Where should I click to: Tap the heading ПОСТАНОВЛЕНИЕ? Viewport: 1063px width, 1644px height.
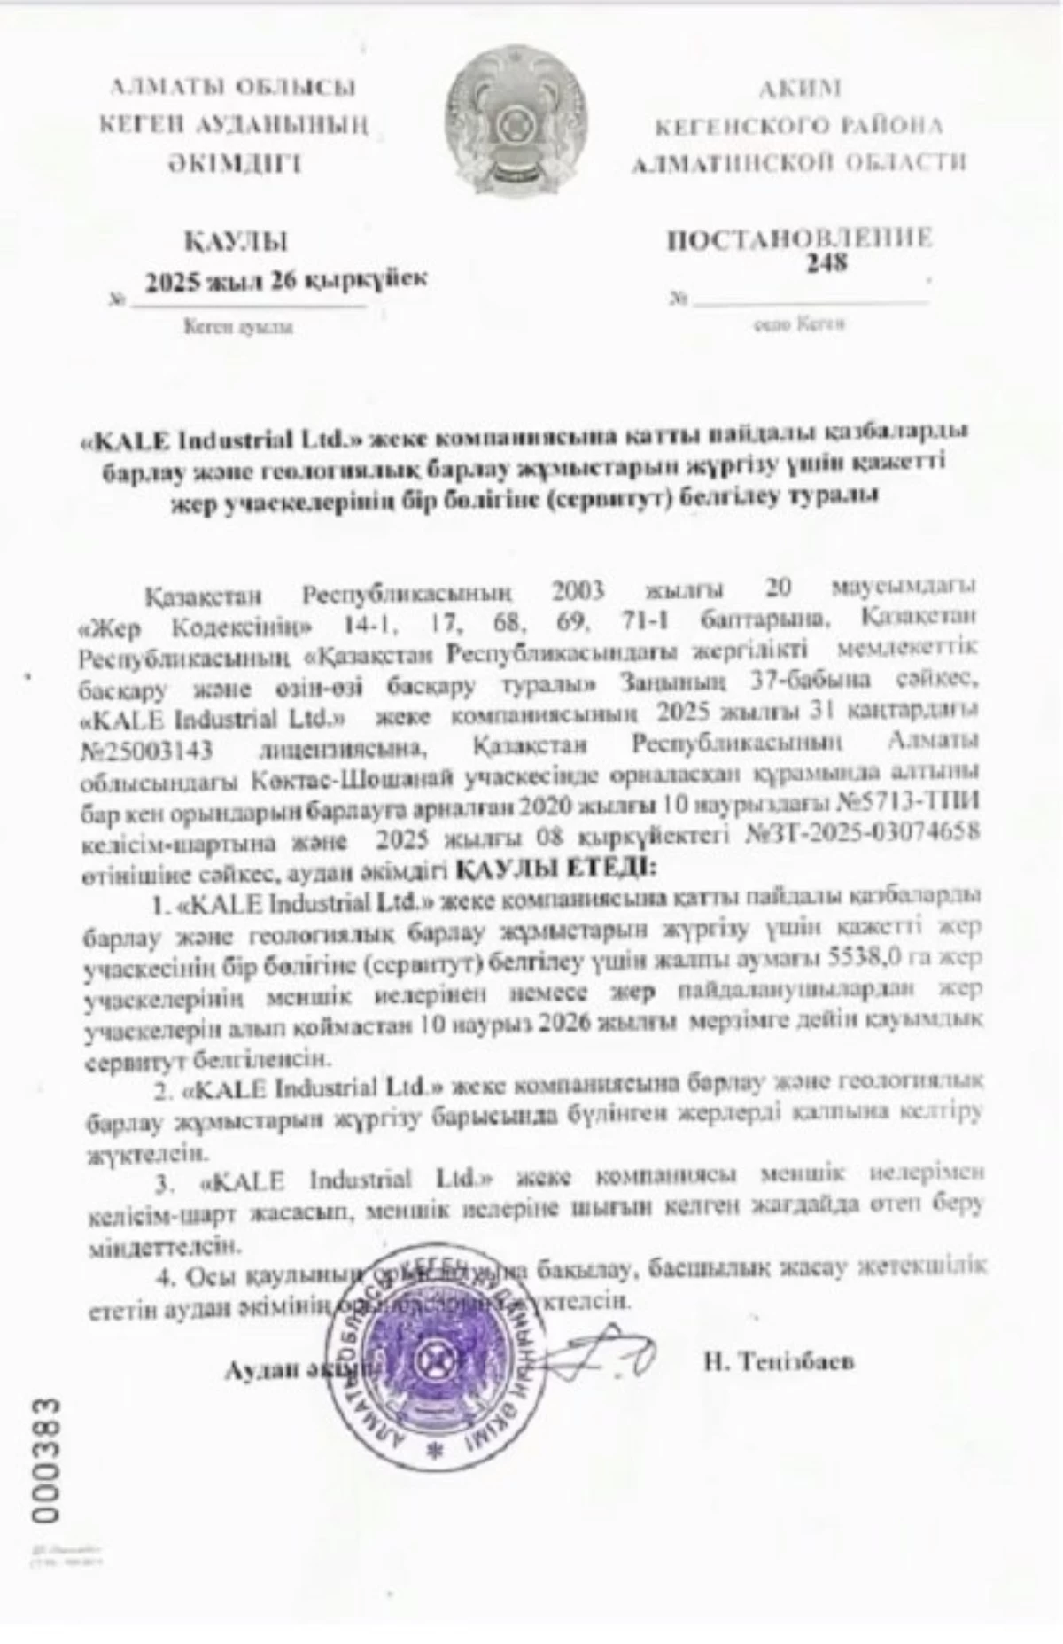tap(799, 238)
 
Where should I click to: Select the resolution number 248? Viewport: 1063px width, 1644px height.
tap(826, 263)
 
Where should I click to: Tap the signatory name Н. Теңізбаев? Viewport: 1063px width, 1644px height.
tap(780, 1361)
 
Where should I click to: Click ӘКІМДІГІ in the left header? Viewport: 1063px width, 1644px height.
tap(234, 163)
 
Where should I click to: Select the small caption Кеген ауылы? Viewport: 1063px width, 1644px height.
tap(237, 327)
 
